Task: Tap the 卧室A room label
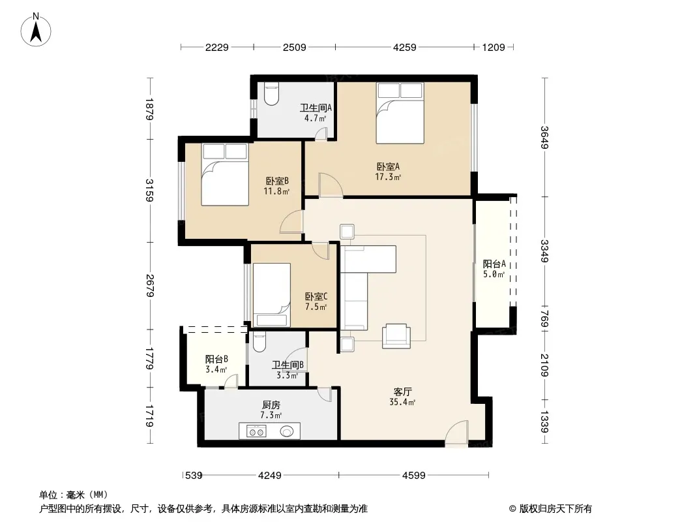388,167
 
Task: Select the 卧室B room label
277,181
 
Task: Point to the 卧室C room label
316,296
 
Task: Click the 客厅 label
402,392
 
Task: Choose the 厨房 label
271,405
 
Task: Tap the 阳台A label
494,264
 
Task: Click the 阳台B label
216,360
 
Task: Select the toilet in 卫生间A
271,94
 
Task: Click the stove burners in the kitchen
256,431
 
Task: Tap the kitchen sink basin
286,431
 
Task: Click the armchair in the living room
396,336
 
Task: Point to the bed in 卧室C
272,295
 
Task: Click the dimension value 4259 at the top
405,47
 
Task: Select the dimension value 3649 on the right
545,138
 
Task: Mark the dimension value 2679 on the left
150,286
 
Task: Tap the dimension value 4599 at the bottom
413,476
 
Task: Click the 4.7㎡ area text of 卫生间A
315,118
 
